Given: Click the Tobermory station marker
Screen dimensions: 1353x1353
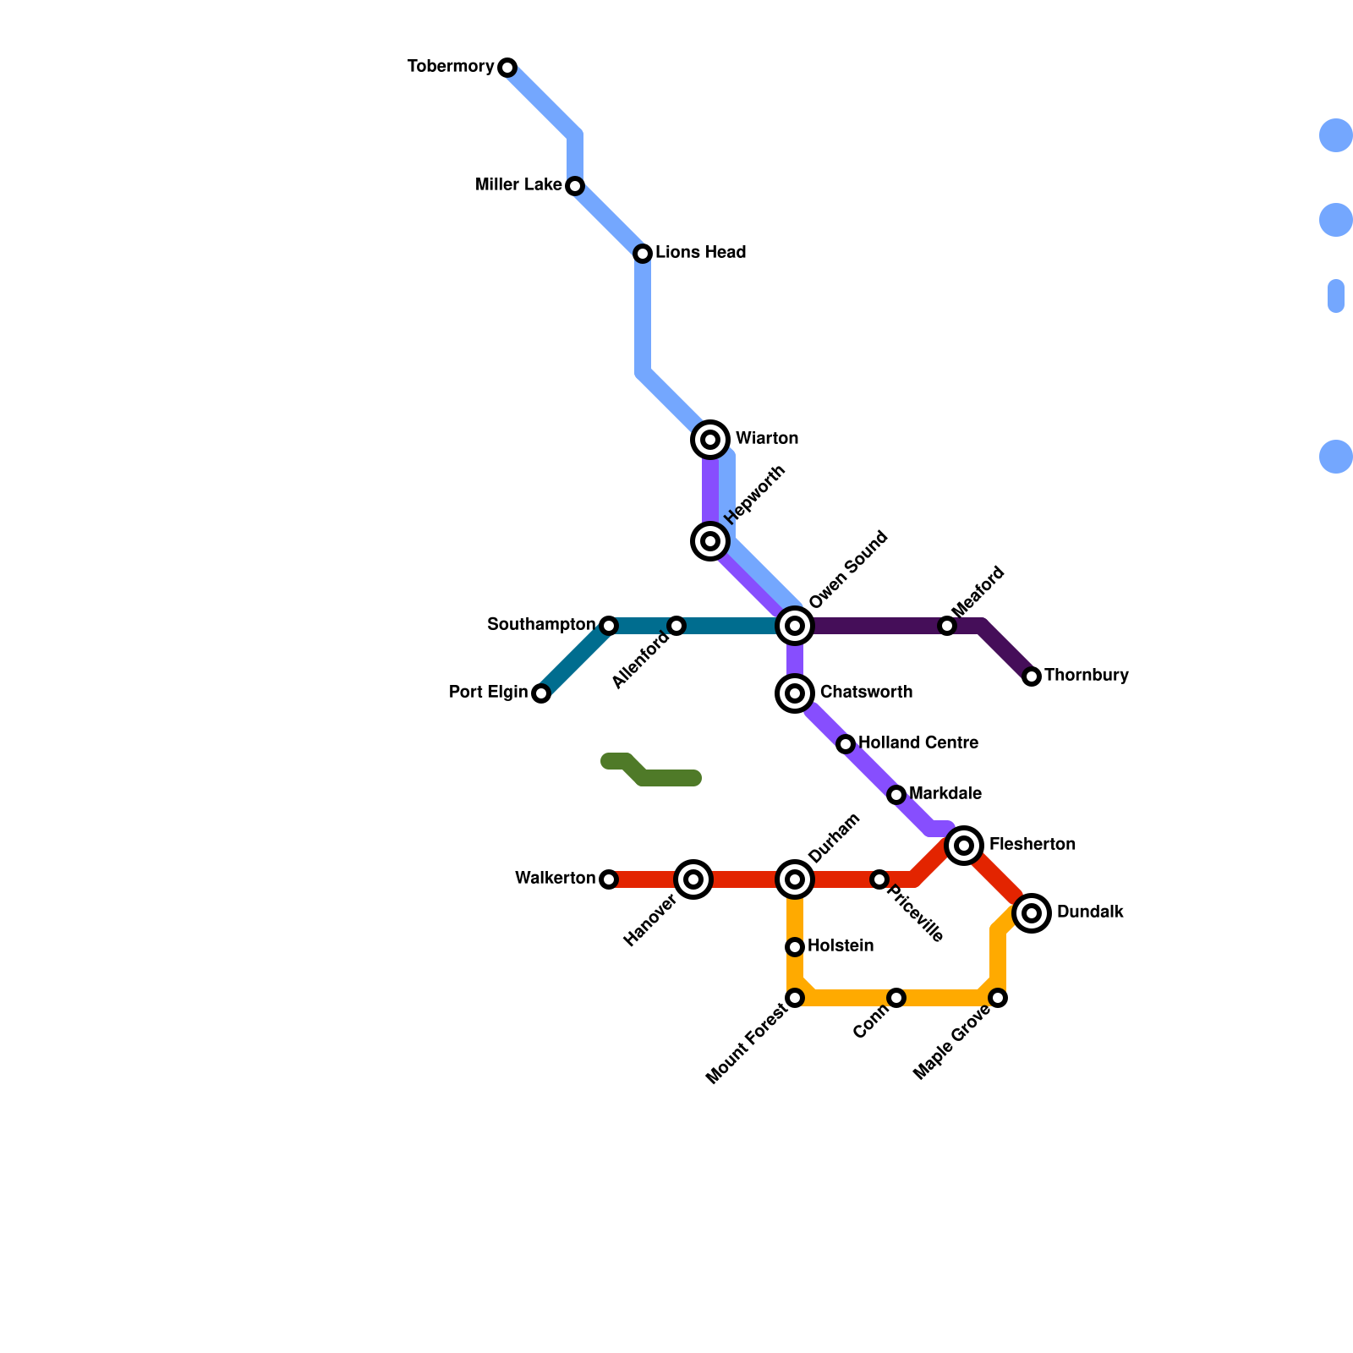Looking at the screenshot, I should click(507, 68).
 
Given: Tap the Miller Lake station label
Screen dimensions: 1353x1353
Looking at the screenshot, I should click(518, 185).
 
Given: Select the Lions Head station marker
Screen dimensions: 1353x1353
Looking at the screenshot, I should click(643, 254).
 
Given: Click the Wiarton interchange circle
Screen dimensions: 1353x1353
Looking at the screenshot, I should click(711, 440).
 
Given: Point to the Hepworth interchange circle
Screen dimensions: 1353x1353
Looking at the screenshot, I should click(711, 541).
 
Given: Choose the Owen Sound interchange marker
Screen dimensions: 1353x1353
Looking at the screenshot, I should click(795, 626).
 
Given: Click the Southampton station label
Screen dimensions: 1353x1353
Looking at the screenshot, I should click(541, 625).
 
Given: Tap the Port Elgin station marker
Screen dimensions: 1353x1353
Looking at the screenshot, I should click(541, 693).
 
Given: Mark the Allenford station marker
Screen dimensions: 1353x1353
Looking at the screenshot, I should click(676, 626).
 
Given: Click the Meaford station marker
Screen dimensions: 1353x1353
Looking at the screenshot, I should click(947, 626).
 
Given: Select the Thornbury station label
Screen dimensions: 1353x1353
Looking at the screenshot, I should click(1086, 676).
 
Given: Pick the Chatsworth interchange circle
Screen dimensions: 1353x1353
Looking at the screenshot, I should click(795, 693).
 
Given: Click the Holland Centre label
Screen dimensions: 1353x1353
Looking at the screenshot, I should click(918, 743).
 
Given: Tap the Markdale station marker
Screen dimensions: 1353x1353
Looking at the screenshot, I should click(896, 795).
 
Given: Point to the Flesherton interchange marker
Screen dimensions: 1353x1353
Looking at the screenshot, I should click(964, 846).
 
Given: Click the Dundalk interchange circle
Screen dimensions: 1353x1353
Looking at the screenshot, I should click(1032, 913).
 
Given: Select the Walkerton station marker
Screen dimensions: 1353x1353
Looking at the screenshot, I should click(609, 879).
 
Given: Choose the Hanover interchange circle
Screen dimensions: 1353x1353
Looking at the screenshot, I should click(693, 879).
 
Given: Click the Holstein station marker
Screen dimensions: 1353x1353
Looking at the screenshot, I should click(795, 947).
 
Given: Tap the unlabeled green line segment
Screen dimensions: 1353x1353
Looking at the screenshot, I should click(660, 776).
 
